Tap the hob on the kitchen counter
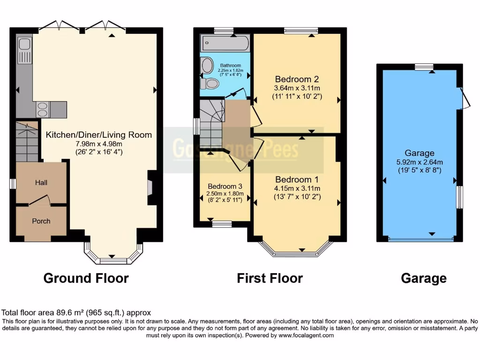[42, 109]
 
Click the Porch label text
[41, 221]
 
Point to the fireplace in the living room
[151, 182]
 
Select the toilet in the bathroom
[210, 83]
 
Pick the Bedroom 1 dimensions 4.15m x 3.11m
[297, 188]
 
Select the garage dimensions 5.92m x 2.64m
[420, 162]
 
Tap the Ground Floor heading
[86, 278]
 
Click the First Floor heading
[270, 278]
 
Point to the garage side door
[465, 98]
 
